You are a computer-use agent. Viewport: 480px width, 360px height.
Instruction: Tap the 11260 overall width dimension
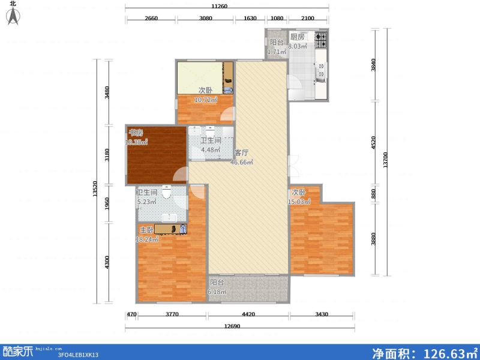(227, 7)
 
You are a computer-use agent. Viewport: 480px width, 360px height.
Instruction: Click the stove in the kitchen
(320, 40)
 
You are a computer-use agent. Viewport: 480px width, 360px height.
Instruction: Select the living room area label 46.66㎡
(242, 161)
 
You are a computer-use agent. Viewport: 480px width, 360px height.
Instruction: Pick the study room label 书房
(135, 133)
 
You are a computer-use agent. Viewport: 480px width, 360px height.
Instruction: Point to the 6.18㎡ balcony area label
(217, 292)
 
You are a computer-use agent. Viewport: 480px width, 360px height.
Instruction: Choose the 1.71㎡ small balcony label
(277, 52)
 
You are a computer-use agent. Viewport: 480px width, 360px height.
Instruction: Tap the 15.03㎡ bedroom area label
(299, 202)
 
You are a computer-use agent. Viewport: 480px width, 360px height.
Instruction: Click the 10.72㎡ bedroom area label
(205, 100)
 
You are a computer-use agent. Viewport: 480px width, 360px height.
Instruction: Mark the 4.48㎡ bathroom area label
(211, 150)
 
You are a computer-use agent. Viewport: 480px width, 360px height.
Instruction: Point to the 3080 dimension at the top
(206, 18)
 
